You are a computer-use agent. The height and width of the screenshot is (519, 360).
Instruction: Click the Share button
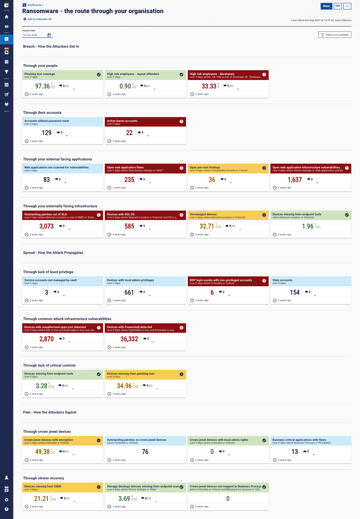tap(326, 6)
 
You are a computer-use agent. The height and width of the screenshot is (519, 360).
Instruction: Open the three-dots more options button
tap(347, 6)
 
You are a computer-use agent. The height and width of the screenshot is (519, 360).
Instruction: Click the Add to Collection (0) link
tap(37, 19)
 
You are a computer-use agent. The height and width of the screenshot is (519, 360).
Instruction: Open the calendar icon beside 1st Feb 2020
tap(49, 35)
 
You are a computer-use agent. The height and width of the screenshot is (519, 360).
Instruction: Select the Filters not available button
tap(335, 35)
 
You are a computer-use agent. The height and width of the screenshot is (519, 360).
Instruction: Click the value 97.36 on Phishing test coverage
tap(42, 86)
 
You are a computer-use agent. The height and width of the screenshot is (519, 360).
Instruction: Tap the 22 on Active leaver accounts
tap(129, 133)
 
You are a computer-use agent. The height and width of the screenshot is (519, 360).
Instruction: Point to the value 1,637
tap(294, 180)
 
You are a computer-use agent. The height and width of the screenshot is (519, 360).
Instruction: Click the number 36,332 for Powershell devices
tap(129, 339)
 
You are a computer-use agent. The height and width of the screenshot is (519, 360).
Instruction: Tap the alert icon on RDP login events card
tap(264, 281)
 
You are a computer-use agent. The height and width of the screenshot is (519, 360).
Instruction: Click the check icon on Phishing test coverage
tap(99, 75)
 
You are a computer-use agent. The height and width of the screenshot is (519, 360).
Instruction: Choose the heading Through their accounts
tap(42, 113)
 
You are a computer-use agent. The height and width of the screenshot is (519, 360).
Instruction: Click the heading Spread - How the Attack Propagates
tap(53, 253)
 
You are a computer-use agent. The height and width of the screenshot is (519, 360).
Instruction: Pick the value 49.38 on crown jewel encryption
tap(42, 452)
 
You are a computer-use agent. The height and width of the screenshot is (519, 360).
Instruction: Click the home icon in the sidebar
tap(7, 17)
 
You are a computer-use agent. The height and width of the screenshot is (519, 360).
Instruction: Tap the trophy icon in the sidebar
tap(7, 72)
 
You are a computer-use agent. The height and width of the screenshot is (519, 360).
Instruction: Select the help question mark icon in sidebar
tap(7, 509)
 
